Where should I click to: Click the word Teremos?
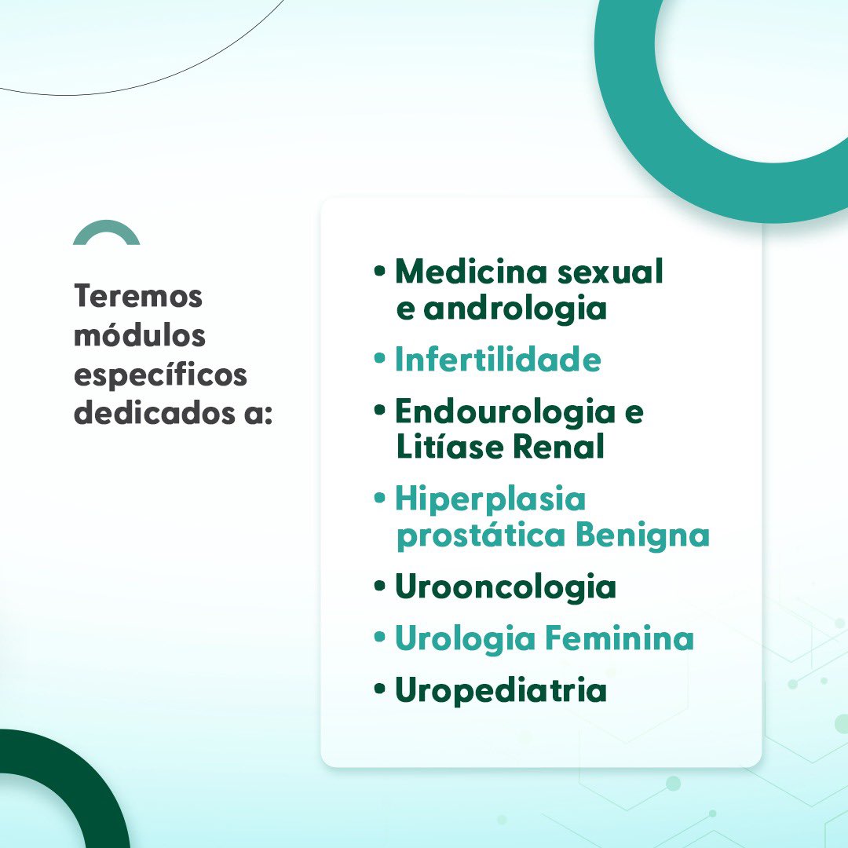coord(138,297)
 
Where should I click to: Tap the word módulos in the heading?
coord(140,335)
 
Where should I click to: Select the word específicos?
coord(160,375)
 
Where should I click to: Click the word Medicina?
coord(471,272)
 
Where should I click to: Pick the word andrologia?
coord(515,309)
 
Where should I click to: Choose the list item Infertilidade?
coord(498,360)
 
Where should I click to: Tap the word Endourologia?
coord(505,411)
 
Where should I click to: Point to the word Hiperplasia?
coord(490,499)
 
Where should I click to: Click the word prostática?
coord(481,536)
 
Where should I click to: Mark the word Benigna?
coord(642,535)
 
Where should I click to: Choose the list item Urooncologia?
coord(505,587)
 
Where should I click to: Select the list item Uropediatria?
coord(500,690)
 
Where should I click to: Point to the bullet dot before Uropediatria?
coord(381,689)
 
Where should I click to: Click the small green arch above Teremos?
coord(106,232)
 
